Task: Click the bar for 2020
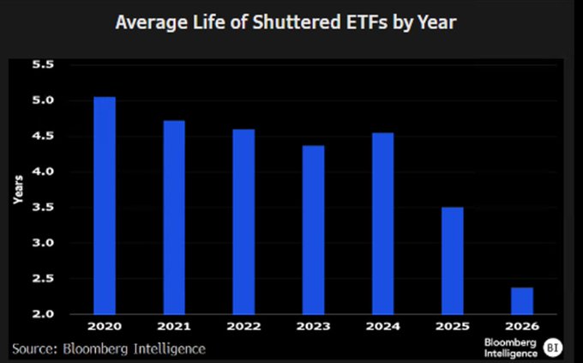[x=105, y=205]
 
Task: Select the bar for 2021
[x=174, y=217]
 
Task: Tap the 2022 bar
[x=243, y=222]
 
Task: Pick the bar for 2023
[x=314, y=230]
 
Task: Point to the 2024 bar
[x=383, y=224]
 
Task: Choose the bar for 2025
[x=453, y=261]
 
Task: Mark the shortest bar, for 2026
[x=522, y=301]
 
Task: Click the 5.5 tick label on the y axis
[x=43, y=64]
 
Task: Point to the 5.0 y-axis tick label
[x=43, y=100]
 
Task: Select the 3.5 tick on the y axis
[x=43, y=207]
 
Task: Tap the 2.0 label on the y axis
[x=43, y=314]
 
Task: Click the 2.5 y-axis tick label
[x=43, y=279]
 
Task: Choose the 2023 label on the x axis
[x=314, y=326]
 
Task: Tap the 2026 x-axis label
[x=522, y=326]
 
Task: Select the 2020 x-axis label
[x=105, y=326]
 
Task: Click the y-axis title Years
[x=18, y=190]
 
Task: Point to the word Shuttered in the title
[x=297, y=22]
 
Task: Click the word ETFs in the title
[x=366, y=22]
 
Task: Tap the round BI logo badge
[x=552, y=348]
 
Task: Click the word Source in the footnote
[x=34, y=349]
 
